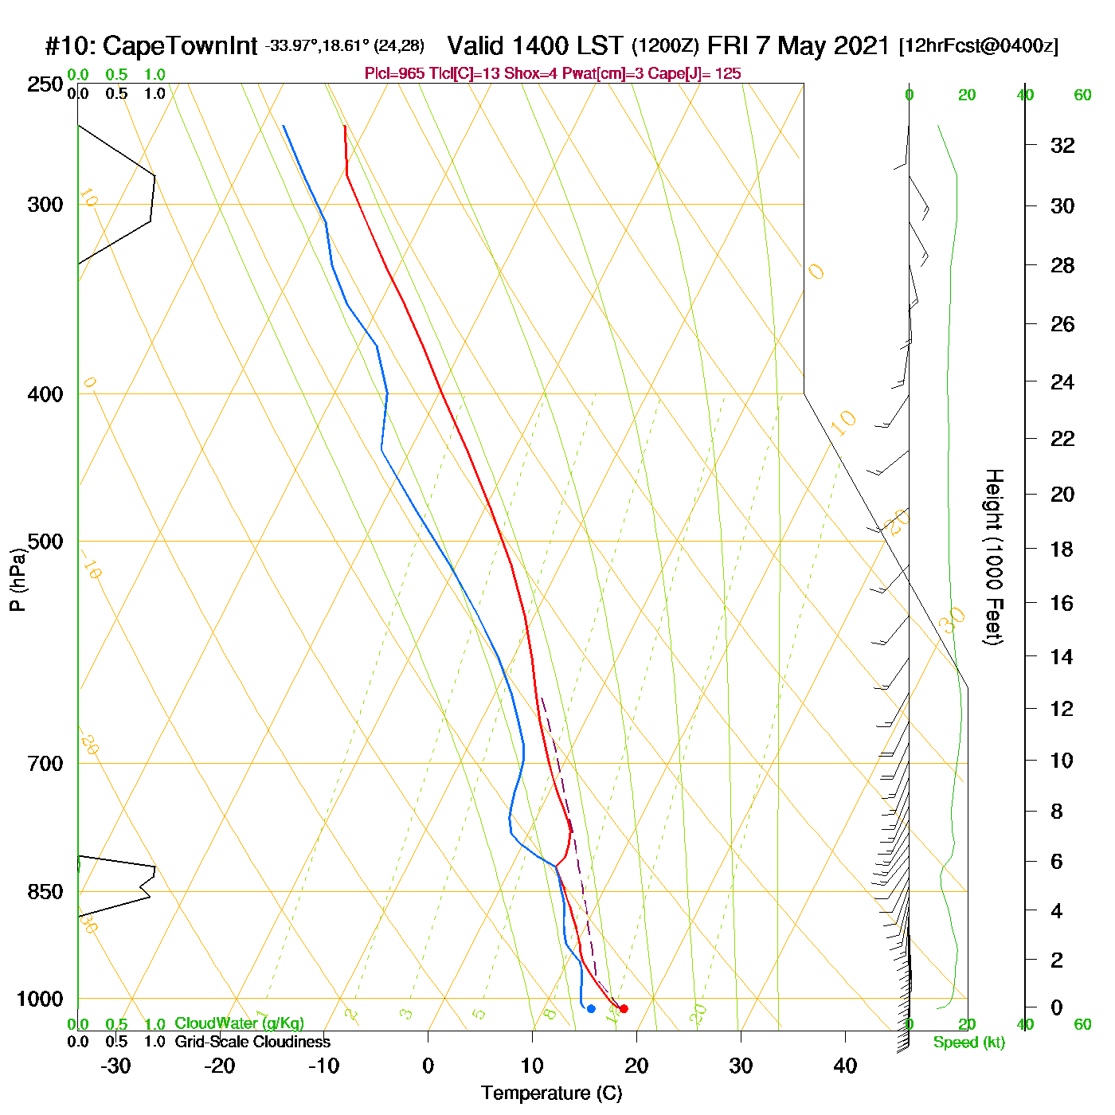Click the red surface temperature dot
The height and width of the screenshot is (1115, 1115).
[624, 1009]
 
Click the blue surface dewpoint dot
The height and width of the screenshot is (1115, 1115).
[591, 1009]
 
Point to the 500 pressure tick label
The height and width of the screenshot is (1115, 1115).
[45, 542]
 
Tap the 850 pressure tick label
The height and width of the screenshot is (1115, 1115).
[45, 893]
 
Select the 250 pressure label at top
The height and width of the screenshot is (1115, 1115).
[45, 84]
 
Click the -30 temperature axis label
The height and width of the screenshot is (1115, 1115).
[115, 1066]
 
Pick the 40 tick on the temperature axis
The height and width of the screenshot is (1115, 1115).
[845, 1066]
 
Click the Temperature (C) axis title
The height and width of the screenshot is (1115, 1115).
[551, 1093]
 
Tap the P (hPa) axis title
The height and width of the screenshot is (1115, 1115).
[17, 579]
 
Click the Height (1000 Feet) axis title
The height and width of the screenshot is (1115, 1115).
[994, 557]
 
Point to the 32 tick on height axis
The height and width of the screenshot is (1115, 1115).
[1062, 146]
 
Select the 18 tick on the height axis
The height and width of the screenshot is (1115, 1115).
[1062, 549]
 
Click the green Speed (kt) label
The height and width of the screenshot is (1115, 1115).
[968, 1043]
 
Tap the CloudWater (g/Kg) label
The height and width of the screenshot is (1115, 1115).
[239, 1023]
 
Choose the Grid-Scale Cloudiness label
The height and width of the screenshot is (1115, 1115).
[252, 1042]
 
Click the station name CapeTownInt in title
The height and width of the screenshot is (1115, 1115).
[180, 46]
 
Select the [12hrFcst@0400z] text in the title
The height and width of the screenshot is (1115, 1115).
[978, 46]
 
